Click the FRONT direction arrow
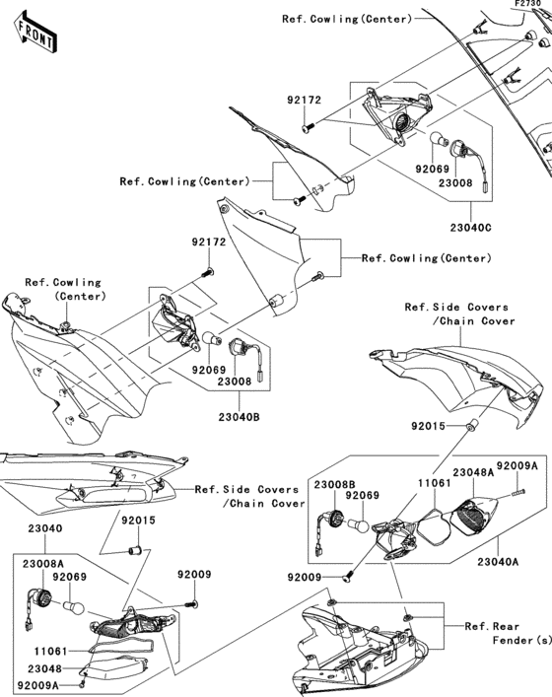click(34, 34)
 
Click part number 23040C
click(470, 228)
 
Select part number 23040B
click(240, 417)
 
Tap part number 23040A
click(498, 562)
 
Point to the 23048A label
click(473, 472)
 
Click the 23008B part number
click(335, 484)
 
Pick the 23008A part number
click(43, 564)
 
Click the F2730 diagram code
click(528, 4)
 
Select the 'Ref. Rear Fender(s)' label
click(508, 634)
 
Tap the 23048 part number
click(44, 668)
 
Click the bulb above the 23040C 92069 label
click(439, 140)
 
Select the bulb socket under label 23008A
click(38, 599)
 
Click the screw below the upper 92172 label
click(308, 127)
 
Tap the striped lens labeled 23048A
click(472, 517)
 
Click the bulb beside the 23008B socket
click(359, 525)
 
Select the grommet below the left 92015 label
click(135, 551)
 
